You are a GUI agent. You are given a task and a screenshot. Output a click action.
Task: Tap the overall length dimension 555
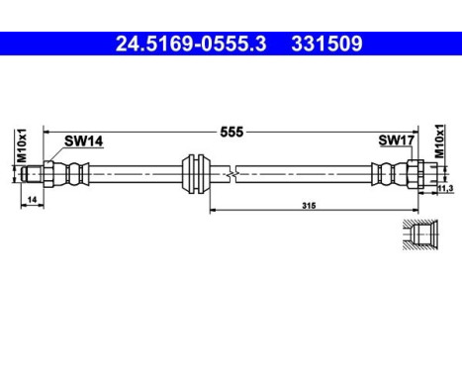[231, 131]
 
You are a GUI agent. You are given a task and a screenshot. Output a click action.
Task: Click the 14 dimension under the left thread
[34, 200]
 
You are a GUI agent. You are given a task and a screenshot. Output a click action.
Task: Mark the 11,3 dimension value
[445, 188]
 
